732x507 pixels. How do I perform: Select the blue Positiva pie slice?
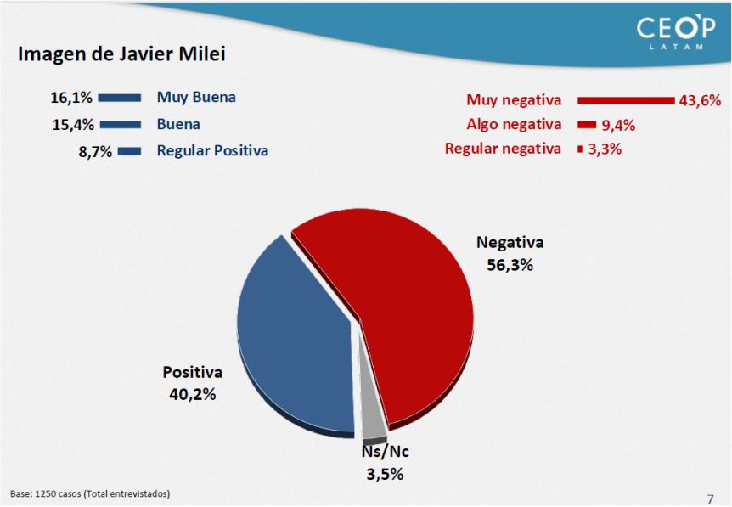(x=294, y=341)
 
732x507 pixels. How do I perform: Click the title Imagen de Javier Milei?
(x=121, y=54)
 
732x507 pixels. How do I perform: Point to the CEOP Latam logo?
(x=675, y=32)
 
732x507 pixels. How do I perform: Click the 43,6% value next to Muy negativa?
(x=700, y=100)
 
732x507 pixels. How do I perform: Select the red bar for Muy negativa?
(x=626, y=100)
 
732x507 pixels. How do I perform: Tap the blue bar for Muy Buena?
(x=120, y=98)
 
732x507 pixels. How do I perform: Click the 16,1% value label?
(x=71, y=98)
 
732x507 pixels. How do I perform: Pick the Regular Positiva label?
(x=212, y=151)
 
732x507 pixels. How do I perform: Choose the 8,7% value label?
(x=95, y=152)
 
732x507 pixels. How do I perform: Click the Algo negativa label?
(x=514, y=124)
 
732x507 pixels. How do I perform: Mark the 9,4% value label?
(x=618, y=125)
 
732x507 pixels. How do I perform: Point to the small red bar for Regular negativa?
(x=580, y=149)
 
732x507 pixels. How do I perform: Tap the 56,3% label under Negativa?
(x=510, y=265)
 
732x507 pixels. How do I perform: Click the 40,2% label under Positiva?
(x=192, y=395)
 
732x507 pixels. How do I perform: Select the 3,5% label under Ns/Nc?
(x=385, y=475)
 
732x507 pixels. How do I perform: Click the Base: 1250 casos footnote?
(x=90, y=493)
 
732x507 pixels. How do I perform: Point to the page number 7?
(x=711, y=499)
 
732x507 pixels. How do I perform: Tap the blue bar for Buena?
(x=121, y=125)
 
